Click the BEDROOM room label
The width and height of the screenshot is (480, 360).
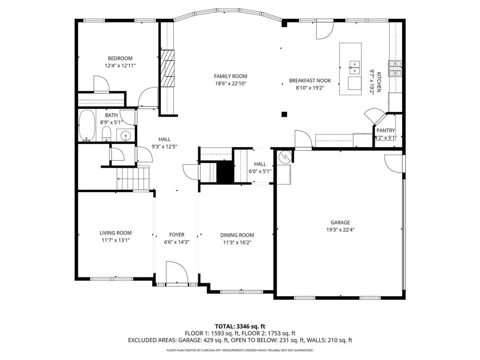tap(120, 59)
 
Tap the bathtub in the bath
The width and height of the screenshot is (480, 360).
tap(87, 126)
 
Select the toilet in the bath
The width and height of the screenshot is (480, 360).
tap(106, 134)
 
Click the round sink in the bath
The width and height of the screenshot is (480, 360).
tap(125, 135)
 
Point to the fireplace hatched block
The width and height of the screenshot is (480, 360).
tap(168, 68)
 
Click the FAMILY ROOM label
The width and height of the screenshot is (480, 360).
tap(231, 76)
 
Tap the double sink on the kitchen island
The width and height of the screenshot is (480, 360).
tap(354, 67)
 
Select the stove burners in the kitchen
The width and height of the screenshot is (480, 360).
tap(395, 68)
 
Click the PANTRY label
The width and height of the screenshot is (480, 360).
tap(386, 130)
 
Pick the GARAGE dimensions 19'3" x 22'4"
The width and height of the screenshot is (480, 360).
tap(340, 230)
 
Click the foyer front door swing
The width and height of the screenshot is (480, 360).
tap(176, 272)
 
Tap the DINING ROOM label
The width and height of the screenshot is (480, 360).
tap(237, 235)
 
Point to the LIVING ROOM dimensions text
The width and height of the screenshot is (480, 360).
tap(116, 240)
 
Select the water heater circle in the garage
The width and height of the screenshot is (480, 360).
tap(285, 157)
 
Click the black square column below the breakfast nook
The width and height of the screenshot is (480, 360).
tap(285, 114)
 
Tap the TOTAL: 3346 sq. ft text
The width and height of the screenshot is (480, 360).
tap(240, 326)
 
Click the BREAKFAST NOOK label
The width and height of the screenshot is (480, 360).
tap(310, 81)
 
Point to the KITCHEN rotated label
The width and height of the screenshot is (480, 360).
tap(379, 82)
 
